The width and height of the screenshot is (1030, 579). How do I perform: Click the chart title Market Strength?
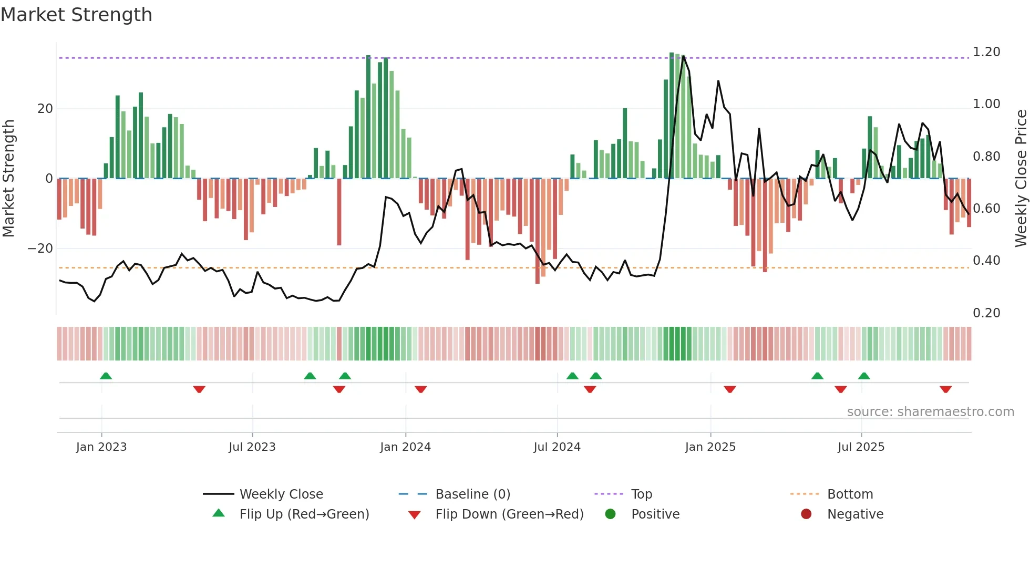pos(76,15)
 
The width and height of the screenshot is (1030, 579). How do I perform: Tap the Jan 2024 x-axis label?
pos(405,447)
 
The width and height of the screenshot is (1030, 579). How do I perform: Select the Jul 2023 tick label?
pos(252,447)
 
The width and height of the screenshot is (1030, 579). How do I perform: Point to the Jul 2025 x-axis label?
pos(861,447)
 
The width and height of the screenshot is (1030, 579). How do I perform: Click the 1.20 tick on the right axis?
pos(986,52)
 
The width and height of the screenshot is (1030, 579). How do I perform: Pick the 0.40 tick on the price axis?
pos(986,261)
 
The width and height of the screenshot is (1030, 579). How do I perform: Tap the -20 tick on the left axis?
pos(40,249)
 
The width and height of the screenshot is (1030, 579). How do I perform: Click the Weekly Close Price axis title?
pos(1021,178)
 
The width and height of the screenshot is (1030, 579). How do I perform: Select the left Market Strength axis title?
pos(8,178)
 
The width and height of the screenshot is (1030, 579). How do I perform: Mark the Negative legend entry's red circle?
pos(806,514)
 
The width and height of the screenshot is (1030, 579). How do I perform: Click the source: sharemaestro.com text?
pos(930,412)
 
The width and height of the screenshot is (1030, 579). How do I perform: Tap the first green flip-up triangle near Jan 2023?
pos(106,376)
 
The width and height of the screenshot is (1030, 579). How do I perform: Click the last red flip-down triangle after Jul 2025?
pos(945,389)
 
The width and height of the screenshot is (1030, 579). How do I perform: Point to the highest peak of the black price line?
pos(683,56)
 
